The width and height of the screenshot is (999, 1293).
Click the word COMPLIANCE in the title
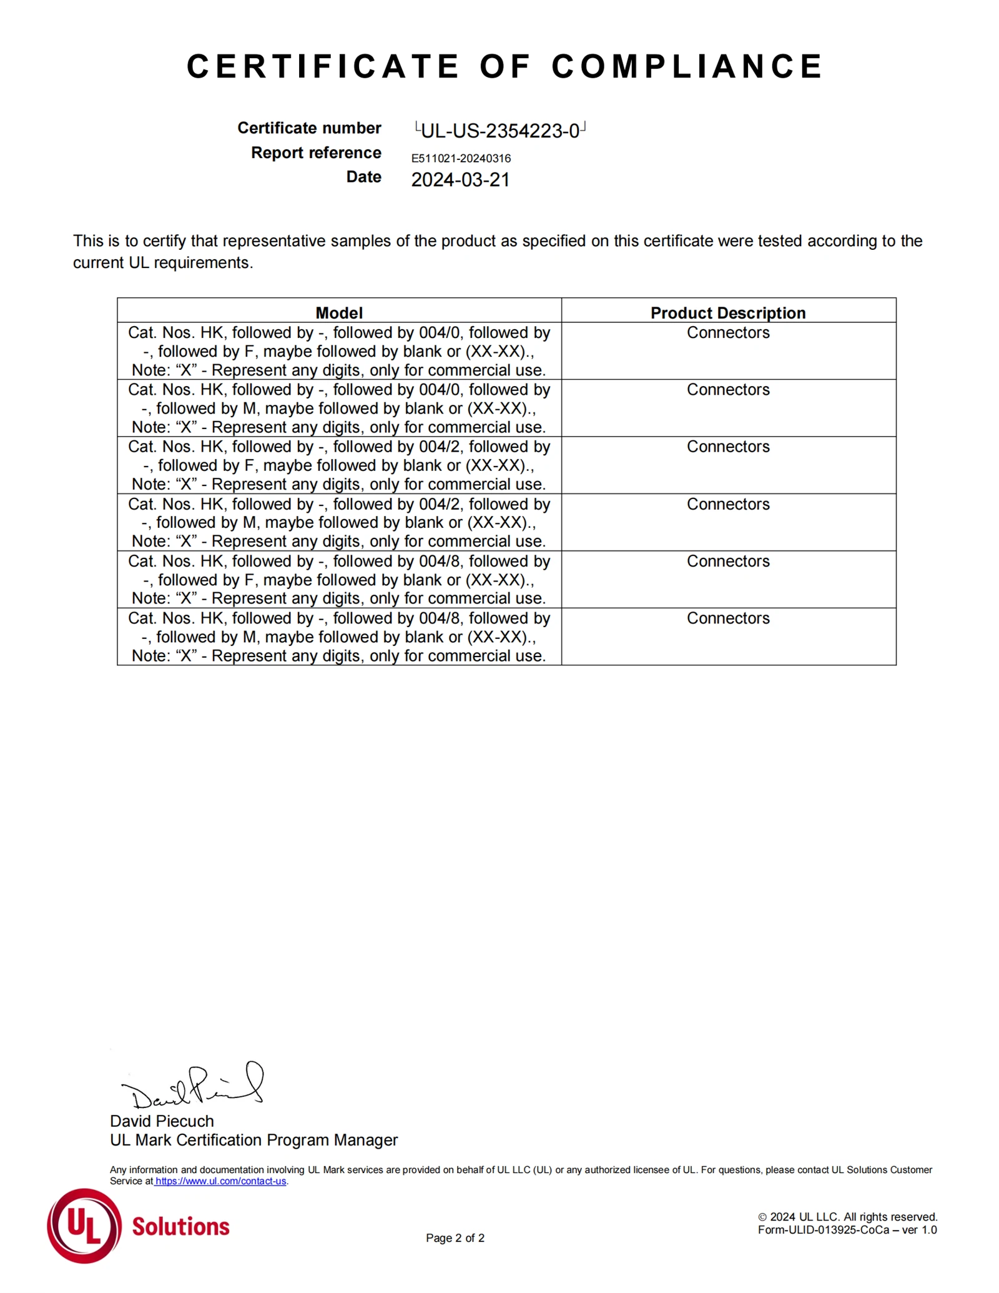[x=687, y=66]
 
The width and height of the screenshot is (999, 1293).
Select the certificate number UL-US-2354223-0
[x=499, y=131]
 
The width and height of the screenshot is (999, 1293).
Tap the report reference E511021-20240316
[x=461, y=159]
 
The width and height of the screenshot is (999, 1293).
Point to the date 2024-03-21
[x=460, y=180]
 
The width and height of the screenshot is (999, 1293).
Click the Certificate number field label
[x=309, y=128]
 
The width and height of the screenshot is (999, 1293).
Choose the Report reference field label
[x=316, y=153]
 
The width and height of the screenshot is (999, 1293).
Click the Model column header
[x=339, y=312]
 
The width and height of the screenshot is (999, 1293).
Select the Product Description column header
[x=728, y=312]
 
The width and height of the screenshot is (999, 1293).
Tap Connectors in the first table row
[x=728, y=332]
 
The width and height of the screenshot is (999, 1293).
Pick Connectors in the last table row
[x=728, y=618]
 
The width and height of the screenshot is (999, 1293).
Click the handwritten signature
[x=194, y=1087]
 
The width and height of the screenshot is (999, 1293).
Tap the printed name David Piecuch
[x=162, y=1121]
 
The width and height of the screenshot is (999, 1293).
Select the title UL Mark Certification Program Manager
[x=253, y=1140]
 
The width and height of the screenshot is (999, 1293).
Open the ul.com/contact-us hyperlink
[x=220, y=1181]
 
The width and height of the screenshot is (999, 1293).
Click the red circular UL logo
[x=84, y=1226]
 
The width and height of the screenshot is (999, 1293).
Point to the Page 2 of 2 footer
[x=455, y=1238]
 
